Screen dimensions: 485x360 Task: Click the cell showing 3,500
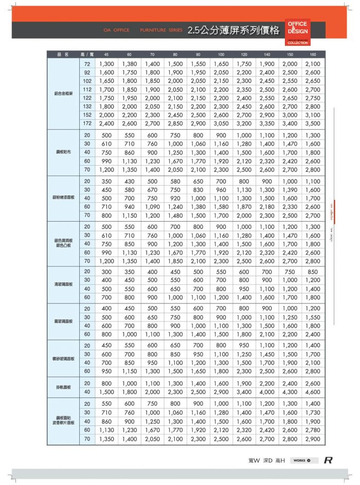(x=313, y=124)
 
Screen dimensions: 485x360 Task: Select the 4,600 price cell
(x=313, y=392)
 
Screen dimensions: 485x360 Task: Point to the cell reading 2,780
(x=313, y=430)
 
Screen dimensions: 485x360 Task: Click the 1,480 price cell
(x=175, y=215)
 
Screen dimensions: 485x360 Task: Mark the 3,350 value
(x=267, y=124)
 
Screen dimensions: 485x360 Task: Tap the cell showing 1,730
(x=313, y=413)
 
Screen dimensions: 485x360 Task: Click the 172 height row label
(x=87, y=124)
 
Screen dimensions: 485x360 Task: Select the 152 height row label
(x=87, y=115)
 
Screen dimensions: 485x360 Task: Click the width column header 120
(x=244, y=55)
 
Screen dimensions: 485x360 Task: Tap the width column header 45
(x=106, y=55)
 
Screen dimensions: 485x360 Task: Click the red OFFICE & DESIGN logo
(x=298, y=32)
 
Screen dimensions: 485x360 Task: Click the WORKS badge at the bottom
(x=302, y=460)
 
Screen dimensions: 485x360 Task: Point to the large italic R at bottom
(x=328, y=460)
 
